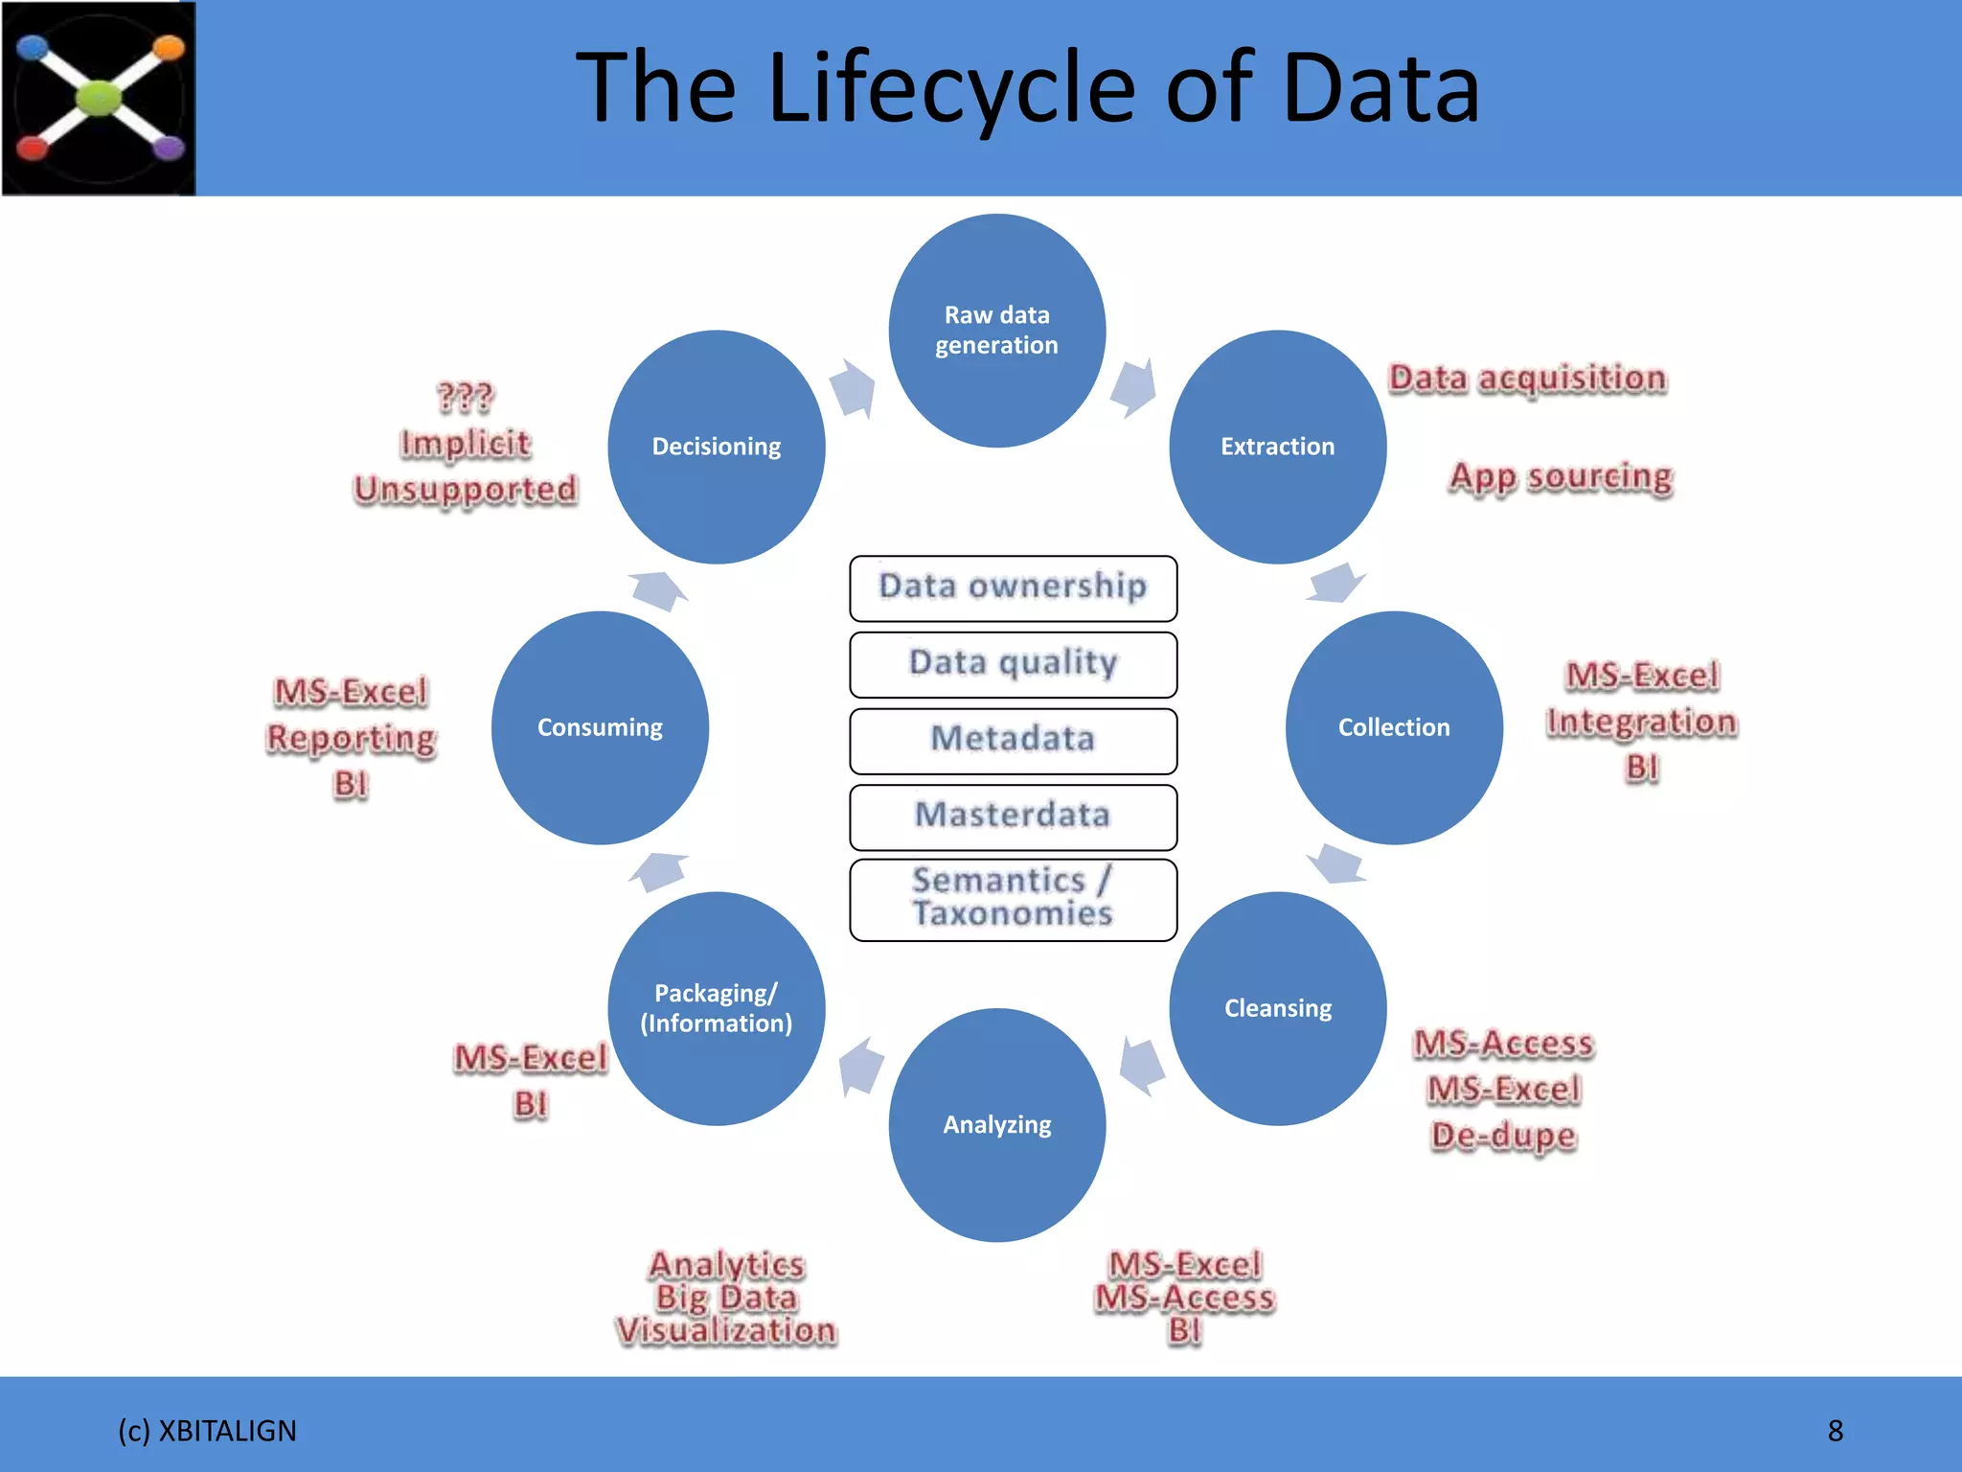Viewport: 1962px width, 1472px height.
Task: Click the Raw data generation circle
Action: [x=996, y=331]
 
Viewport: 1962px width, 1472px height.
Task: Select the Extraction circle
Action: [x=1277, y=447]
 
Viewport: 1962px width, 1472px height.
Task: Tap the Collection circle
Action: [x=1394, y=727]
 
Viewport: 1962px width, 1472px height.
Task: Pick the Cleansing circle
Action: [x=1277, y=1008]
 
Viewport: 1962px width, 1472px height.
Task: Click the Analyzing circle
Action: [x=996, y=1125]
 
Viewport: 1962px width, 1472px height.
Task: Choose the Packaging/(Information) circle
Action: [x=716, y=1008]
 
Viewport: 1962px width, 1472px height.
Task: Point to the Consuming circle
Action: [x=600, y=727]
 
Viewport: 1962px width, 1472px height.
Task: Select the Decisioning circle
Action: [x=716, y=447]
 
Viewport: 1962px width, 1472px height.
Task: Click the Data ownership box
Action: [x=1013, y=587]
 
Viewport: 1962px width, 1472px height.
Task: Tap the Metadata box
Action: [x=1013, y=740]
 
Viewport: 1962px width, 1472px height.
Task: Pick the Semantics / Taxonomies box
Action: [x=1013, y=898]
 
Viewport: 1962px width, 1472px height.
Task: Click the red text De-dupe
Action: [x=1503, y=1136]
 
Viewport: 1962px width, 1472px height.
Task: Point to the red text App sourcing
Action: [x=1561, y=477]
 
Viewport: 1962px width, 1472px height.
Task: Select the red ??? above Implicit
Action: [x=465, y=397]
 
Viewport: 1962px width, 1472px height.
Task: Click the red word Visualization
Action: [x=726, y=1330]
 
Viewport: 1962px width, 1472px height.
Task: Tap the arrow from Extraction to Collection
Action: [x=1335, y=583]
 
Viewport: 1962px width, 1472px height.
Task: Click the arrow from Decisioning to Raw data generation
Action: [x=853, y=388]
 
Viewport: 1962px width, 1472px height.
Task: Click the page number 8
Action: [x=1835, y=1431]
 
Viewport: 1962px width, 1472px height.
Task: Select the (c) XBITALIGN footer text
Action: [x=207, y=1431]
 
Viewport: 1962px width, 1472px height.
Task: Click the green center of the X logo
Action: [x=99, y=98]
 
